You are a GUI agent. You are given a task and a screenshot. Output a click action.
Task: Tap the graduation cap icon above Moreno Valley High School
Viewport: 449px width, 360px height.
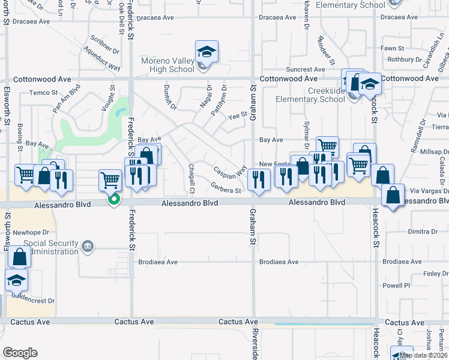206,52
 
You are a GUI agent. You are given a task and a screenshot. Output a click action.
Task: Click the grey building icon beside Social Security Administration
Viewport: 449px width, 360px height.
88,246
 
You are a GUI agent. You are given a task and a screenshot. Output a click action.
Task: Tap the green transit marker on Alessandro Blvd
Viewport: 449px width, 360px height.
112,200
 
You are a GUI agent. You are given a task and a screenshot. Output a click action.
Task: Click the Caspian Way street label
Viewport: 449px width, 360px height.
230,170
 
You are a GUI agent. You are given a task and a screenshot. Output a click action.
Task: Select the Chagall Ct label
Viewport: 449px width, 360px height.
192,179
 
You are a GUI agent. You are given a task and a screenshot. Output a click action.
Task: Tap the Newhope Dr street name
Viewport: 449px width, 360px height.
31,232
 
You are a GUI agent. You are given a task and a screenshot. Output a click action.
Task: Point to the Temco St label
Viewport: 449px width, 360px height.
43,92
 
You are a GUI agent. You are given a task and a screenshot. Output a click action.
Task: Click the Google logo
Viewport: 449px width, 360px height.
19,353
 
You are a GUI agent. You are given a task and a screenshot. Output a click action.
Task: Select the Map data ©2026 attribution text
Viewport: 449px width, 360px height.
424,355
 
